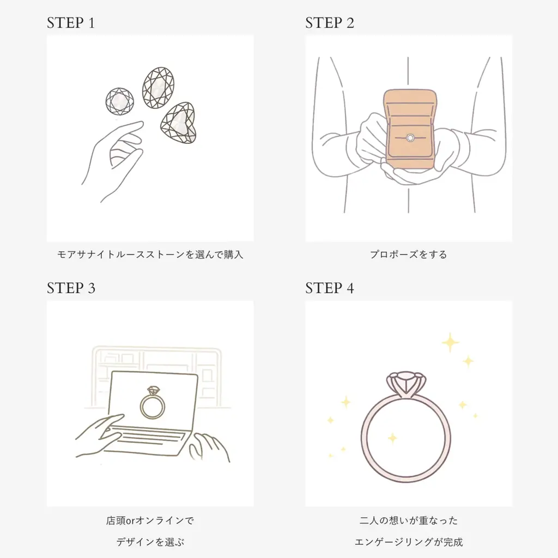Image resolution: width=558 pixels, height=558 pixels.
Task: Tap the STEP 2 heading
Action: point(330,23)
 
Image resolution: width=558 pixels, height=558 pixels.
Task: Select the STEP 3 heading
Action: point(71,288)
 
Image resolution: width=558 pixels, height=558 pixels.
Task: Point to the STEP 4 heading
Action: point(330,288)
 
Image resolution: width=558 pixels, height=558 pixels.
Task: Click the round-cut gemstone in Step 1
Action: point(119,101)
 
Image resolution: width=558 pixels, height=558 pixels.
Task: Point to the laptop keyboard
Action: point(150,439)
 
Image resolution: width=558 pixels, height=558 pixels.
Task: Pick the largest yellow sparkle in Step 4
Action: point(450,343)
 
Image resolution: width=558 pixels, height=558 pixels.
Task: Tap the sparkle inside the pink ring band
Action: point(392,438)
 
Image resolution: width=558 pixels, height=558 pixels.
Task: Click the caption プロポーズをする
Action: point(408,254)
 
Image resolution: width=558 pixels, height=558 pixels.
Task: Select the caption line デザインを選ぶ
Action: point(150,542)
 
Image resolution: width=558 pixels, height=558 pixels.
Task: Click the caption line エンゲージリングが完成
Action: point(408,542)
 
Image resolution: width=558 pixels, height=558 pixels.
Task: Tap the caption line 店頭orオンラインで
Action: point(150,520)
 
